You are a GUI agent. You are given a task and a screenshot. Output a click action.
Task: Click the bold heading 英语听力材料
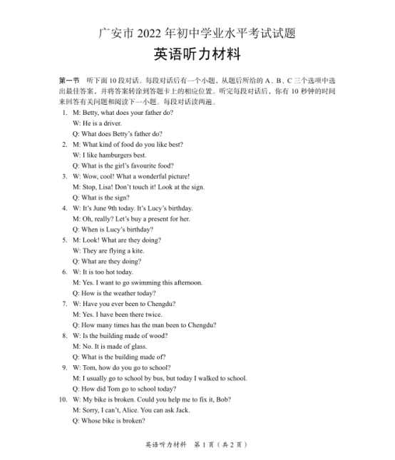tap(197, 55)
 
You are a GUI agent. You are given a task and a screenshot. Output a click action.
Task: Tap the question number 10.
tap(63, 399)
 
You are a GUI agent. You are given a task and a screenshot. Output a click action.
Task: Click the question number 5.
tap(65, 240)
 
